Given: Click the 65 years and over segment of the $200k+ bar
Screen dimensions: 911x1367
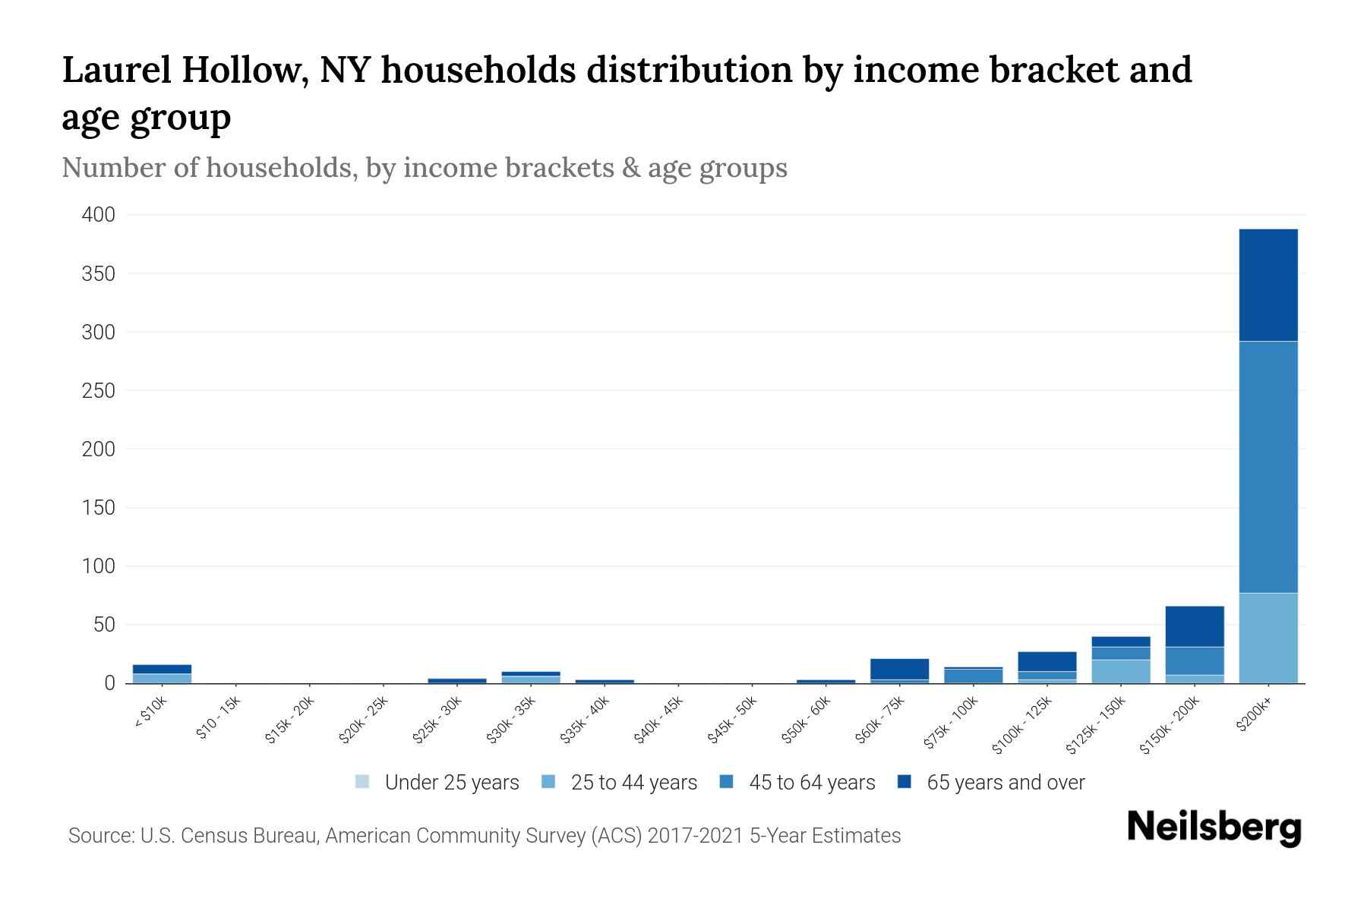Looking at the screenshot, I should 1268,285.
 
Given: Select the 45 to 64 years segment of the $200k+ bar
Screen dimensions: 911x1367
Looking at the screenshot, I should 1268,467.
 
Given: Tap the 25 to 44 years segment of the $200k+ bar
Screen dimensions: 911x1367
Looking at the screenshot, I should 1268,638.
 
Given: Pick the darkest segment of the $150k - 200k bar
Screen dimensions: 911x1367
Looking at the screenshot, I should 1194,626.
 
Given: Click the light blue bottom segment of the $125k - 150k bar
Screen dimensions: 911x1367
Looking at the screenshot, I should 1120,671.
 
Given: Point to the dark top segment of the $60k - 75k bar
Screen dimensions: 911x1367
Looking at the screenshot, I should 899,669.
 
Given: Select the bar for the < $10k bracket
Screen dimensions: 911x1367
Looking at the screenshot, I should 162,674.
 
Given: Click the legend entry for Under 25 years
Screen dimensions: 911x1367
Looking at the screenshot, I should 437,783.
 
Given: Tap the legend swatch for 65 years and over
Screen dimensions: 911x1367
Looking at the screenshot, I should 904,782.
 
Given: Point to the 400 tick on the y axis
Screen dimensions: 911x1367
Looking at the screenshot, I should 99,216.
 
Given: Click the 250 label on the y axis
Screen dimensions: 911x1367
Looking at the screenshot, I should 99,391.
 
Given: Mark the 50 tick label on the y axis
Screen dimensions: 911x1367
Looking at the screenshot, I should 104,625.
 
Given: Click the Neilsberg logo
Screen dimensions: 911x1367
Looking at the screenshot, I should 1214,827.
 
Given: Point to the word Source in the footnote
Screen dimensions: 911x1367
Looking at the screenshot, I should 99,836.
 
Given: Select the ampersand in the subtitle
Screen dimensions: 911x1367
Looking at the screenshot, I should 630,168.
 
